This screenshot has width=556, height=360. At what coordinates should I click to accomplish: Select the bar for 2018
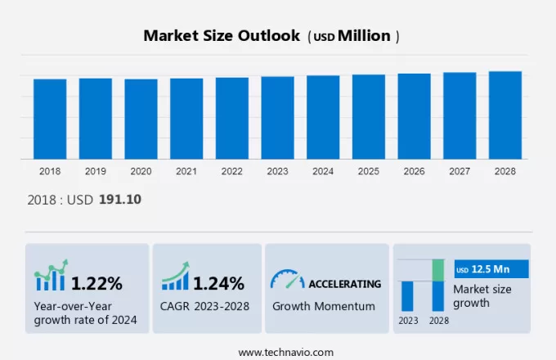(x=50, y=119)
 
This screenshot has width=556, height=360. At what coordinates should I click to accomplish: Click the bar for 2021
(x=186, y=119)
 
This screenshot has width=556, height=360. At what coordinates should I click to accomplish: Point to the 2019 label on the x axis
(x=95, y=172)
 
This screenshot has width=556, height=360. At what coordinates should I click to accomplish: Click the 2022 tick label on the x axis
(x=231, y=172)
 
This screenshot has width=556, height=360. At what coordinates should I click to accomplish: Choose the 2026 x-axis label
(x=414, y=172)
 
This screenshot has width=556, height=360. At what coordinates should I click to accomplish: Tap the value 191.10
(x=120, y=199)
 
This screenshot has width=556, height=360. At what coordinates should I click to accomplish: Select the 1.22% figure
(x=96, y=284)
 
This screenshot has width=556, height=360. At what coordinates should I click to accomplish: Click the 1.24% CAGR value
(x=218, y=284)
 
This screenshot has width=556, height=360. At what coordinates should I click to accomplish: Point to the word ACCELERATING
(x=344, y=284)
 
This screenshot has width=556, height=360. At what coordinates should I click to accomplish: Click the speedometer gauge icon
(x=287, y=280)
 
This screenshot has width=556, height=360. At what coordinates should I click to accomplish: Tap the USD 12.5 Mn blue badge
(x=491, y=269)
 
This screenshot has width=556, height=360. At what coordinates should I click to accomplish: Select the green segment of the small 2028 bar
(x=438, y=270)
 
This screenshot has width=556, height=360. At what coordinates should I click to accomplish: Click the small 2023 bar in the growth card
(x=407, y=295)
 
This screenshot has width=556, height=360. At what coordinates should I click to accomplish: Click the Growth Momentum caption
(x=324, y=306)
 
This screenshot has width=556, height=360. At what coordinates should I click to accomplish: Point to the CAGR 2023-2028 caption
(x=205, y=306)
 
